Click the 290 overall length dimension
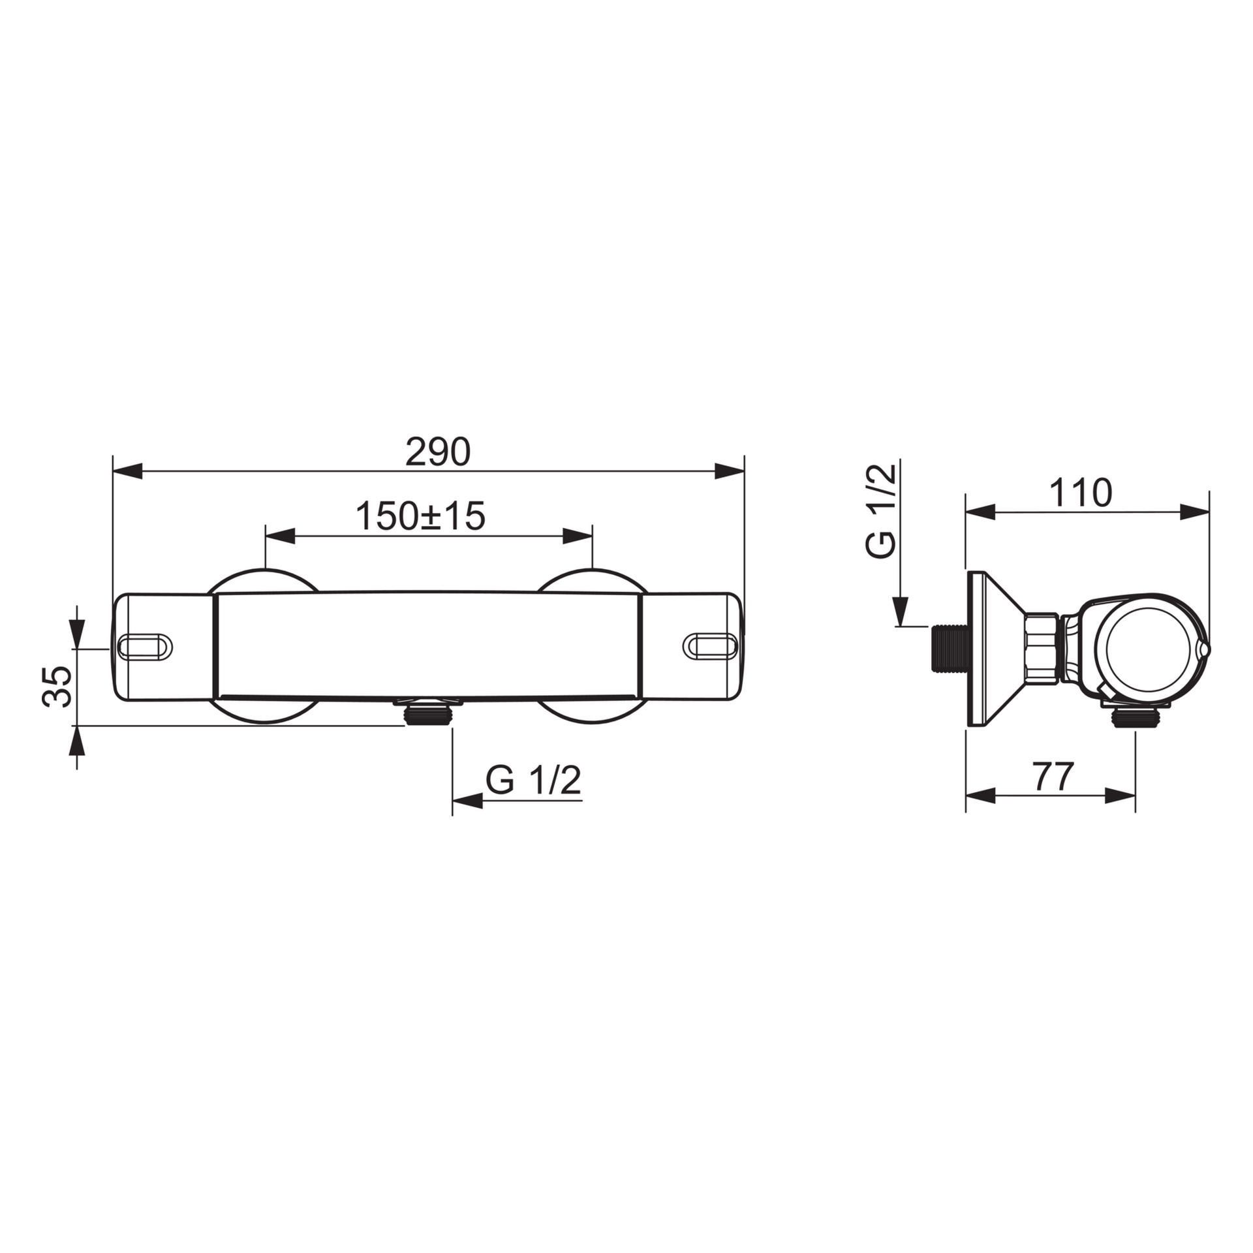[437, 452]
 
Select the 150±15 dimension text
[420, 516]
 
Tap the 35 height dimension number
[56, 687]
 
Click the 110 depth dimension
[1080, 493]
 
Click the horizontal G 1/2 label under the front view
[533, 781]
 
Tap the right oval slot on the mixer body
[711, 645]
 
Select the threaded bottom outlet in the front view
[428, 712]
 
